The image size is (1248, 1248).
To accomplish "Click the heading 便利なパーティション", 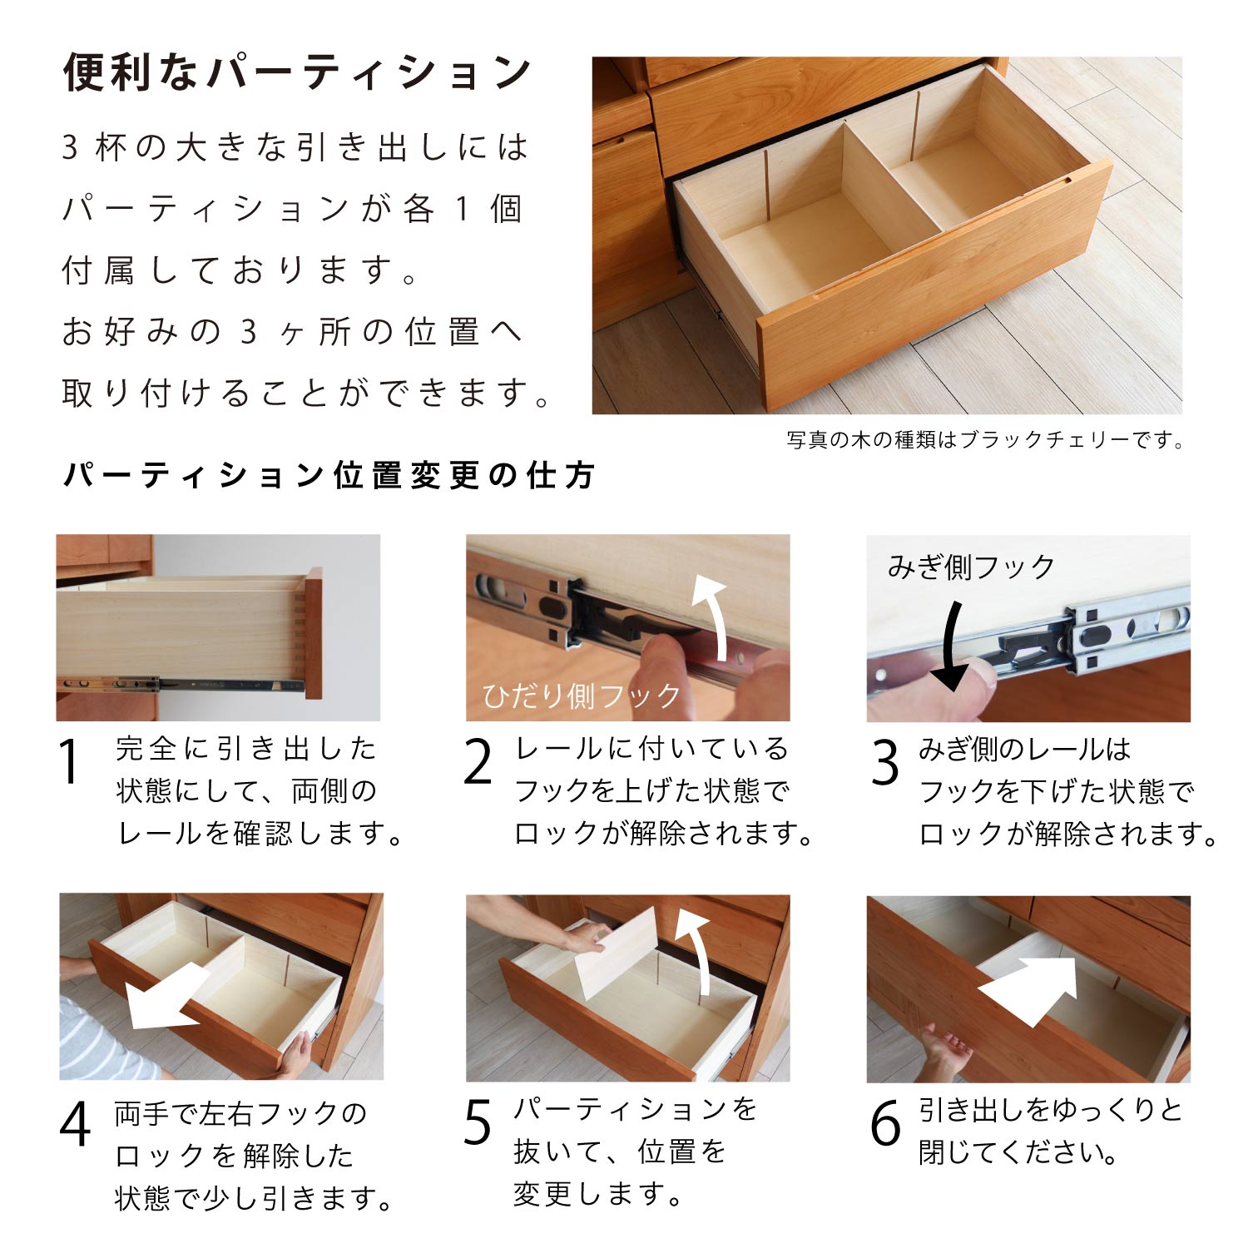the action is pyautogui.click(x=297, y=72).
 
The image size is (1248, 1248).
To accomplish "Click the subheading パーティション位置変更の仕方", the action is pyautogui.click(x=329, y=475).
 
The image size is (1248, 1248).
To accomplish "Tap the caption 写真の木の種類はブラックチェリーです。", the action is pyautogui.click(x=986, y=439).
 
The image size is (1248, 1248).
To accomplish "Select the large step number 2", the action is pyautogui.click(x=478, y=761).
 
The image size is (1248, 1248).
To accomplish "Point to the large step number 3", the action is pyautogui.click(x=885, y=762).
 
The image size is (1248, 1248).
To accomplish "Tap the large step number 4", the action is pyautogui.click(x=75, y=1124).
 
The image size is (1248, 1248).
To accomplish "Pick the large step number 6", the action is pyautogui.click(x=885, y=1122).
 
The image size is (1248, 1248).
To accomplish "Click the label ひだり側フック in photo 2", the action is pyautogui.click(x=582, y=696).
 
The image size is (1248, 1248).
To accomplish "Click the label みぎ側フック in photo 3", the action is pyautogui.click(x=971, y=567).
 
